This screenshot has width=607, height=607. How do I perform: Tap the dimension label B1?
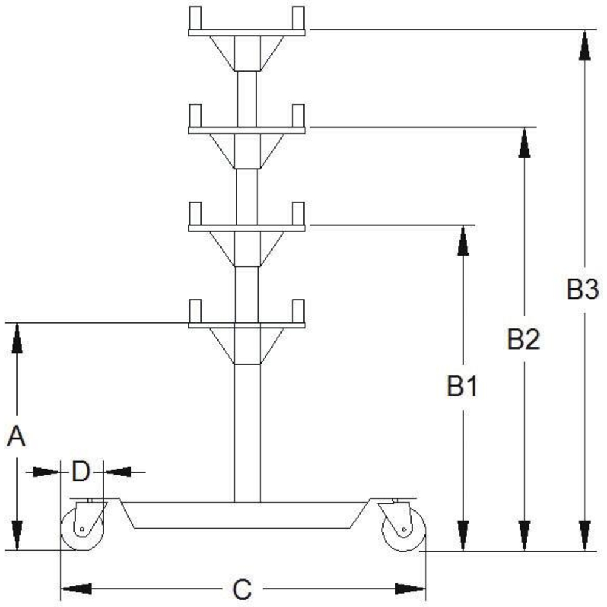pyautogui.click(x=462, y=385)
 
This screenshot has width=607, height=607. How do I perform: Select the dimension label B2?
pyautogui.click(x=523, y=339)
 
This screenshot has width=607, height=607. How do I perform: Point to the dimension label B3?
pyautogui.click(x=583, y=289)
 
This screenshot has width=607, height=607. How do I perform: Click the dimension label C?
pyautogui.click(x=242, y=589)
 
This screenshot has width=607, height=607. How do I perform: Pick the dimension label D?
pyautogui.click(x=81, y=472)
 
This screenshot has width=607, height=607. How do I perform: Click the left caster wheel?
pyautogui.click(x=82, y=529)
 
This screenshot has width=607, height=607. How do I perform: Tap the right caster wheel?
pyautogui.click(x=404, y=529)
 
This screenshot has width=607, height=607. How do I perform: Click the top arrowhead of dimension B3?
pyautogui.click(x=585, y=45)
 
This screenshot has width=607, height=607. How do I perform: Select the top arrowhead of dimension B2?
pyautogui.click(x=524, y=143)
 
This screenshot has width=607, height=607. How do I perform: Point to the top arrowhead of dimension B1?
pyautogui.click(x=463, y=241)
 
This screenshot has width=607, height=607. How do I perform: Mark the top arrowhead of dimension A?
pyautogui.click(x=16, y=338)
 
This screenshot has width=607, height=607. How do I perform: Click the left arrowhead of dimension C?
pyautogui.click(x=76, y=589)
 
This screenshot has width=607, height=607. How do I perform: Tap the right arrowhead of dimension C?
pyautogui.click(x=410, y=589)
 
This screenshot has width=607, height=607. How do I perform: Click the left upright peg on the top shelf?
pyautogui.click(x=195, y=18)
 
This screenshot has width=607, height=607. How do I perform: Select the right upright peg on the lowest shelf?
pyautogui.click(x=298, y=311)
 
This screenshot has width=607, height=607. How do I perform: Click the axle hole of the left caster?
pyautogui.click(x=82, y=529)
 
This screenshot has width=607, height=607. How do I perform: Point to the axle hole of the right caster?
pyautogui.click(x=404, y=529)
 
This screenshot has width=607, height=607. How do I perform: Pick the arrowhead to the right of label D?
pyautogui.click(x=120, y=472)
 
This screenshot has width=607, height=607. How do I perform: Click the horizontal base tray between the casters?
pyautogui.click(x=243, y=515)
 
